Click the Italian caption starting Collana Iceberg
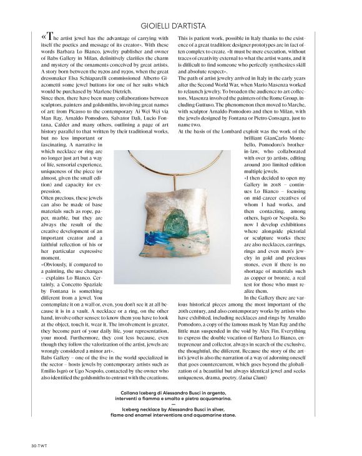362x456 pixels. (180, 401)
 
